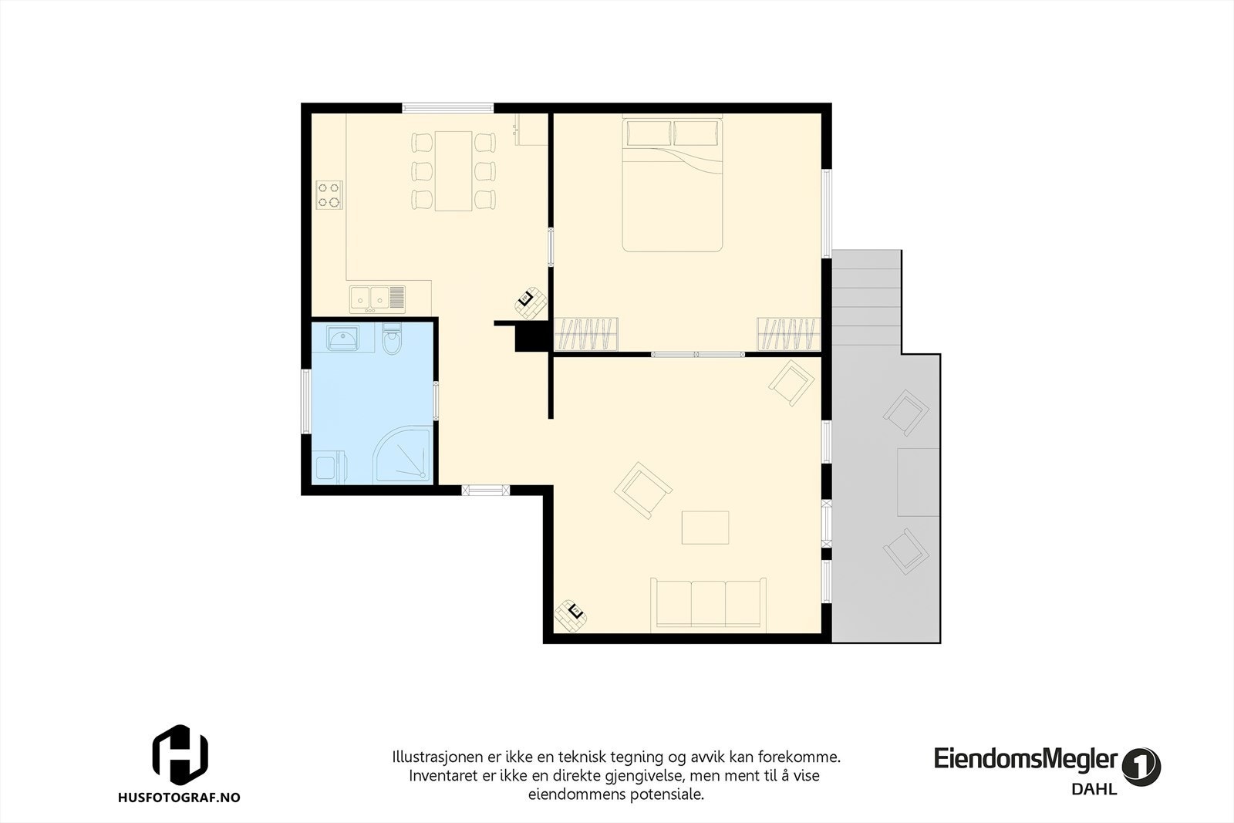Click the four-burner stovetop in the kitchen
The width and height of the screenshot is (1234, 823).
pos(329,194)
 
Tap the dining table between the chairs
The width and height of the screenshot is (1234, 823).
pos(453,170)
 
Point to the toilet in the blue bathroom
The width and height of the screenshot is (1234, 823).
pos(393,341)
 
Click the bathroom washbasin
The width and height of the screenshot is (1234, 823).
pos(342,338)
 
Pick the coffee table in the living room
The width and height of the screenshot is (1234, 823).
pos(705,528)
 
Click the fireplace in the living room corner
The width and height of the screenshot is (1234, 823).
pos(571,615)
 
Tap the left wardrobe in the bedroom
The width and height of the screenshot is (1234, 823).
pos(587,333)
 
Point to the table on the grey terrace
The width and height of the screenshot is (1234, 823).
pos(918,482)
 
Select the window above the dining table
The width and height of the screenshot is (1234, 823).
pos(447,108)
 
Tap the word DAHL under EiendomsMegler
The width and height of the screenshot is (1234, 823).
pos(1094,788)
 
